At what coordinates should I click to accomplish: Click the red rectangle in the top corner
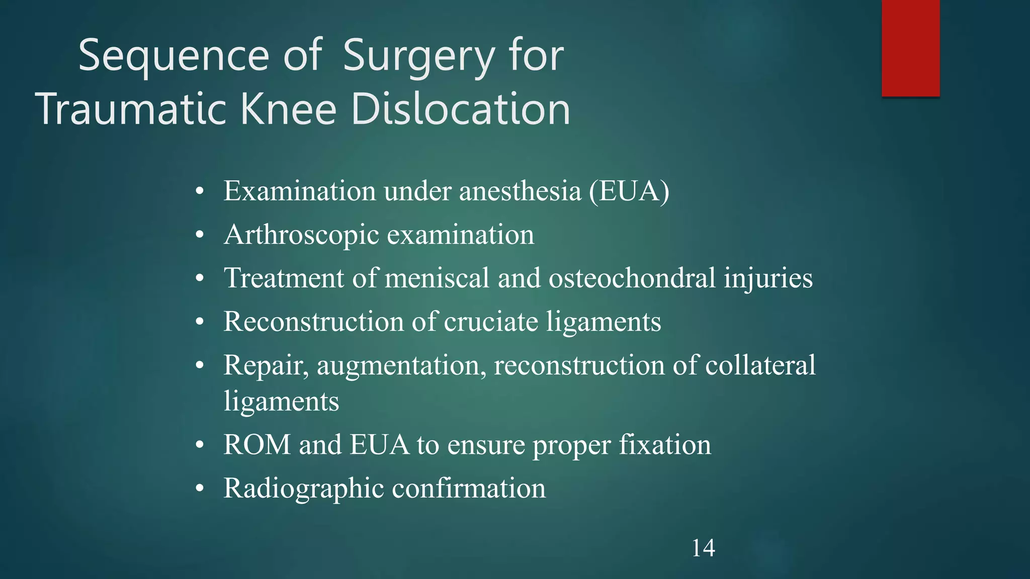point(910,48)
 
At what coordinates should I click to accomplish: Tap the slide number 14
point(703,548)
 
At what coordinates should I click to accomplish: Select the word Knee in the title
point(289,109)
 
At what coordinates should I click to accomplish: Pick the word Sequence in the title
point(174,56)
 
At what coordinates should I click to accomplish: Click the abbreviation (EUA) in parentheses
point(629,191)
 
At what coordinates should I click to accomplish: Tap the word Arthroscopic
point(302,235)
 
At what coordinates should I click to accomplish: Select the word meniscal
point(437,278)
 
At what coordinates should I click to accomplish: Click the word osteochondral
point(632,278)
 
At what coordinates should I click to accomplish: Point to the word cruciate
point(491,322)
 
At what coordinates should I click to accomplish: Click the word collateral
point(760,365)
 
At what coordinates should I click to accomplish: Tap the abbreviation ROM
point(257,445)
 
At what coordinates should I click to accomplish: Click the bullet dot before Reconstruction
point(200,322)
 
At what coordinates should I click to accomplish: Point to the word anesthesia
point(520,191)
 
